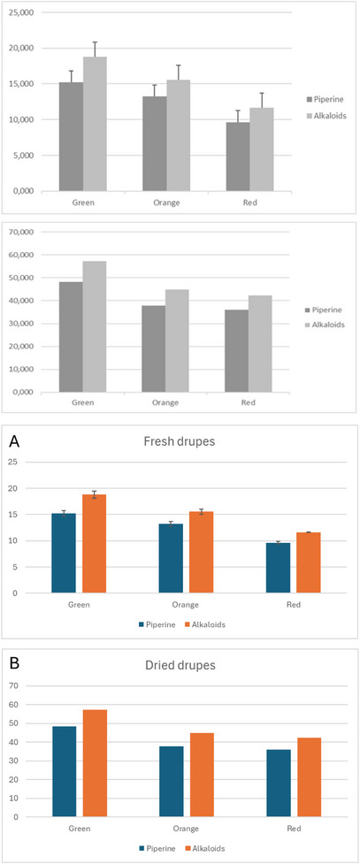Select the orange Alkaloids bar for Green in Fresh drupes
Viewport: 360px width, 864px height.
click(95, 544)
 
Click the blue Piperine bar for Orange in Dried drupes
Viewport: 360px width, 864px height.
click(172, 783)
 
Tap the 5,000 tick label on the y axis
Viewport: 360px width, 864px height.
click(21, 155)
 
